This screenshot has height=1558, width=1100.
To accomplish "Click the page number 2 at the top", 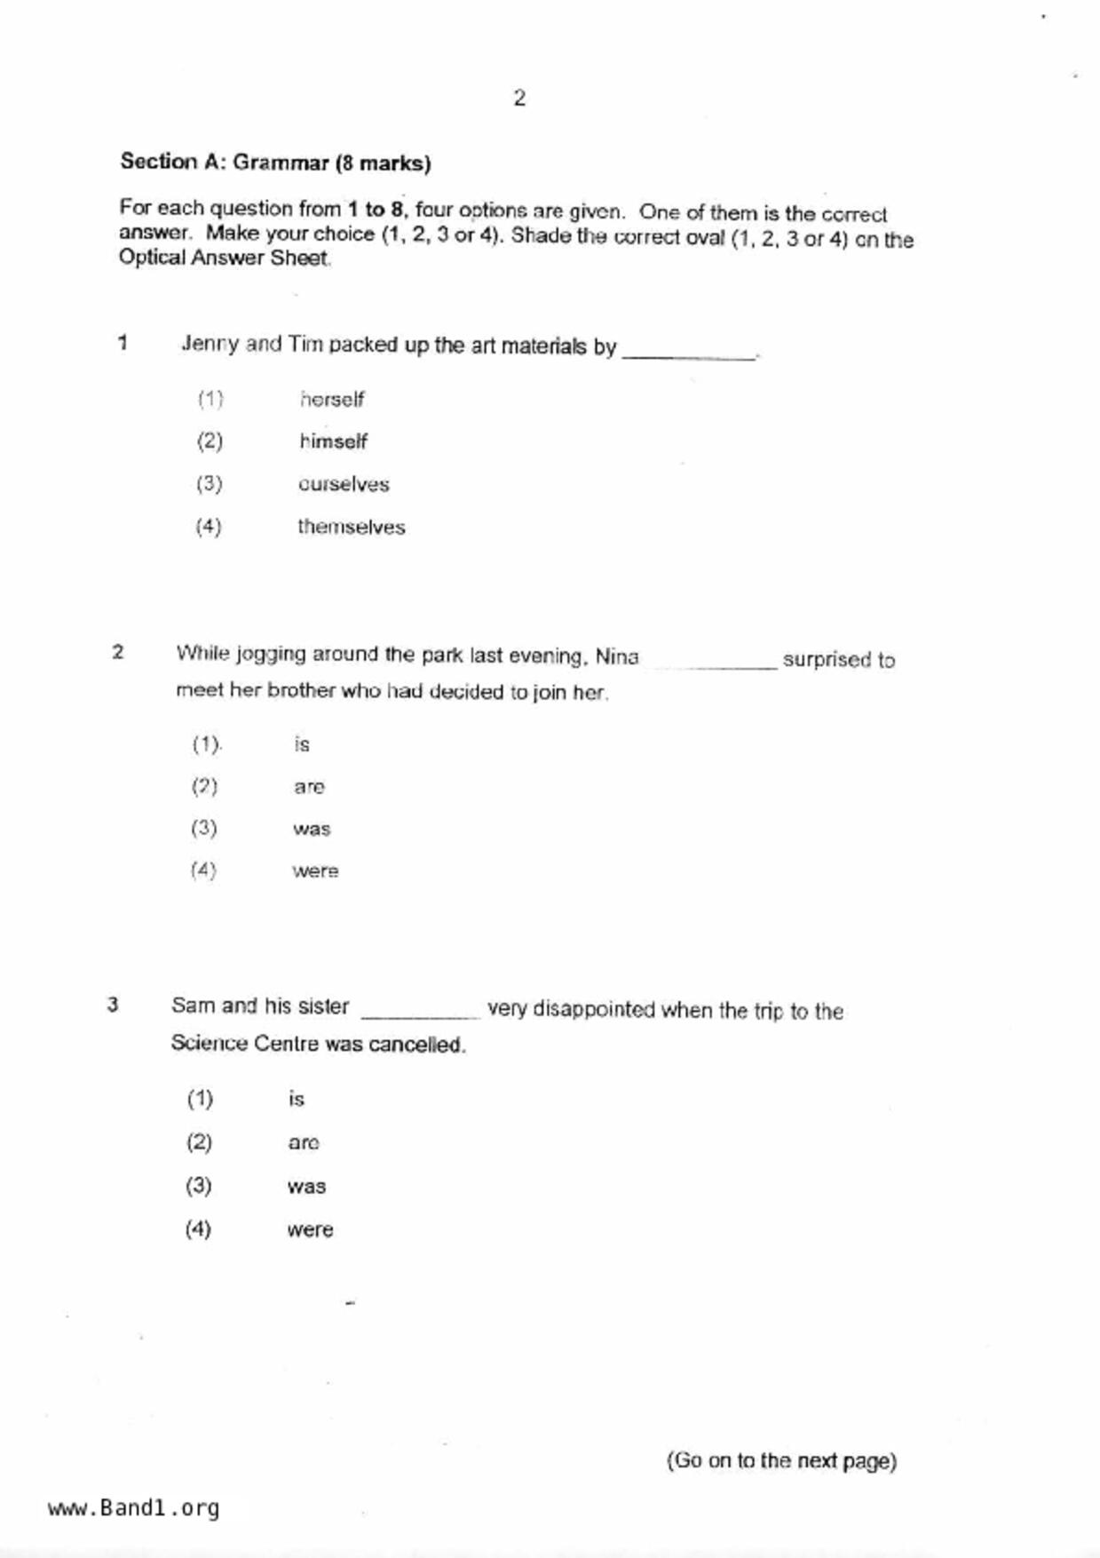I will tap(519, 99).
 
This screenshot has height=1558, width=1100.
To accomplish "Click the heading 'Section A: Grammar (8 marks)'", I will tap(275, 163).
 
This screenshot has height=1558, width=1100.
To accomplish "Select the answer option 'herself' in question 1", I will tap(331, 400).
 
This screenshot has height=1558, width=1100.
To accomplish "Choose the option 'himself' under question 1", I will tap(333, 441).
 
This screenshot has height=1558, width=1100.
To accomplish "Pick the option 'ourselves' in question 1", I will tap(344, 484).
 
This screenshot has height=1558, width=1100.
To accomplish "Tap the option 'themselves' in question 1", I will tap(351, 527).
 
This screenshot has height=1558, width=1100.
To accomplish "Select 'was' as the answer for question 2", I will tap(312, 829).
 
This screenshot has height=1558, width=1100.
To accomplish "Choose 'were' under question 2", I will tap(315, 871).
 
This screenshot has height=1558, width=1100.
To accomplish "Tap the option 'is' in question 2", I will tap(302, 744).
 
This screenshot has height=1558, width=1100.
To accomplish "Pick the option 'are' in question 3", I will tap(303, 1143).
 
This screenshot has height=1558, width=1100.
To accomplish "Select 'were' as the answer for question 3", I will tap(310, 1230).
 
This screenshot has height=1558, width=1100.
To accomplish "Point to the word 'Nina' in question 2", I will tap(617, 657).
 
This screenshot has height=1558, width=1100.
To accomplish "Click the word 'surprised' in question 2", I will tap(826, 660).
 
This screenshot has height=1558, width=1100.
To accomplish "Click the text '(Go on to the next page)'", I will tap(781, 1461).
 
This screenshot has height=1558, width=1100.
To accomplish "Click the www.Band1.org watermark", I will tap(134, 1508).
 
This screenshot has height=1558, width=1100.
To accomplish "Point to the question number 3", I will tap(113, 1006).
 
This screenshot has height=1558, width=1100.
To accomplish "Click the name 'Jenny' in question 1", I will tap(210, 344).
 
